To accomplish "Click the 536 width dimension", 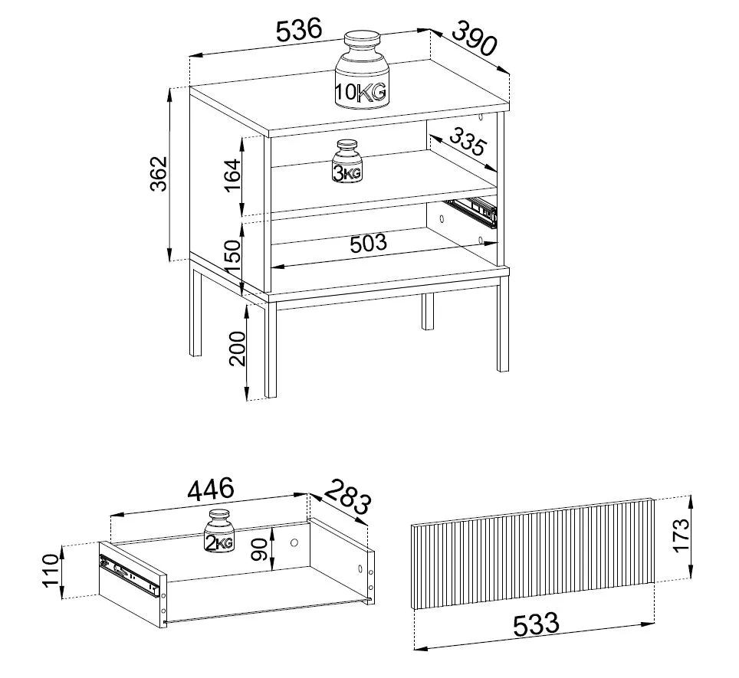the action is pyautogui.click(x=299, y=30).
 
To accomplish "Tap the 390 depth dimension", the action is pyautogui.click(x=475, y=38).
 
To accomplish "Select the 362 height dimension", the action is pyautogui.click(x=159, y=174).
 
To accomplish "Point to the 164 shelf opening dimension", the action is pyautogui.click(x=232, y=176).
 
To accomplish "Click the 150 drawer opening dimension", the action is pyautogui.click(x=233, y=257).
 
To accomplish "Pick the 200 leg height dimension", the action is pyautogui.click(x=237, y=349).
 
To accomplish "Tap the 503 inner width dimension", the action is pyautogui.click(x=368, y=244).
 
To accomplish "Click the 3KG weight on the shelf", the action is pyautogui.click(x=347, y=162).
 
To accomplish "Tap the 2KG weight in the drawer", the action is pyautogui.click(x=219, y=530).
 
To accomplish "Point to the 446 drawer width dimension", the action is pyautogui.click(x=211, y=490).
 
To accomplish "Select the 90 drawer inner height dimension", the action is pyautogui.click(x=259, y=549).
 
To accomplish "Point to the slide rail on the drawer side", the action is pyautogui.click(x=129, y=575).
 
